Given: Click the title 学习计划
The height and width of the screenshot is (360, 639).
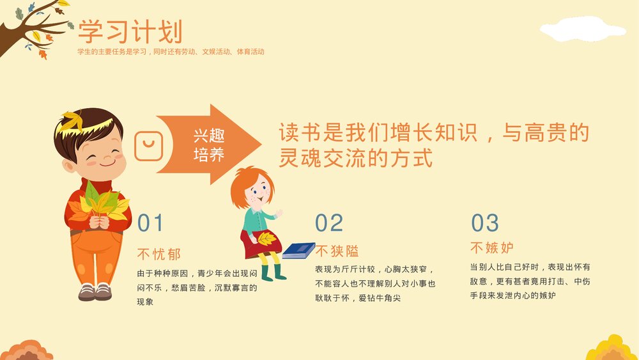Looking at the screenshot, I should [x=130, y=31].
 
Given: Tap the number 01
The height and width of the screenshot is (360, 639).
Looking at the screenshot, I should [x=151, y=223].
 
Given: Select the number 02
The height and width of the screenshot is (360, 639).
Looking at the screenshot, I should [x=329, y=223].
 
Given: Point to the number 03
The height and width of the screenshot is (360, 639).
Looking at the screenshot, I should [x=484, y=223].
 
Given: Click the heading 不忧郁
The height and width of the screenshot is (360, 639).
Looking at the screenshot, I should [x=159, y=254].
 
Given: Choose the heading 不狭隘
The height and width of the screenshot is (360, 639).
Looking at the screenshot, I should [x=337, y=251].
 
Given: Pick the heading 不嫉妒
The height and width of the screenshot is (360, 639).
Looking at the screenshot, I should [x=492, y=247].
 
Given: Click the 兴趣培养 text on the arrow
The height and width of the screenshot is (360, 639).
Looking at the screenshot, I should [x=209, y=145].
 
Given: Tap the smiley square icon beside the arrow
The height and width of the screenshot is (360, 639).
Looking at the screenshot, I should [x=150, y=145].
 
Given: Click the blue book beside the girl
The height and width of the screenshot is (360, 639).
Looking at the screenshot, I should [x=298, y=250].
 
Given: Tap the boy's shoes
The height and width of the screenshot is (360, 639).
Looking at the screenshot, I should [x=95, y=292].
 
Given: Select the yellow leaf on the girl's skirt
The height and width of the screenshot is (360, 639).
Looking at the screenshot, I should [x=265, y=238].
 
